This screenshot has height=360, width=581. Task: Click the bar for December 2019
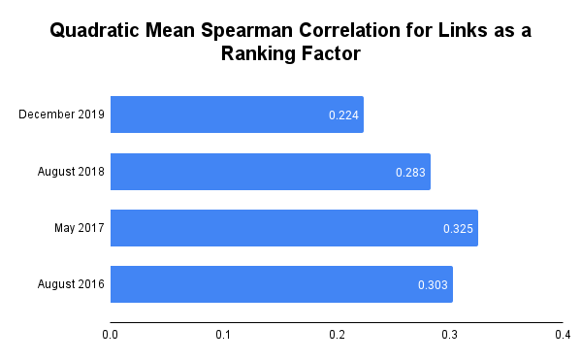click(x=237, y=115)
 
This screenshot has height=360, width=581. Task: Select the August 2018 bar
click(x=270, y=172)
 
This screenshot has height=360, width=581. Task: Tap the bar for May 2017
click(x=294, y=228)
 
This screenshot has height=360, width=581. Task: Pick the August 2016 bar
click(x=281, y=284)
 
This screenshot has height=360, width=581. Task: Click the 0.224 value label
click(x=343, y=115)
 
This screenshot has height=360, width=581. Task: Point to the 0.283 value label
click(x=410, y=173)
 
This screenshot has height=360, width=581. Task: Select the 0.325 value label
click(x=458, y=229)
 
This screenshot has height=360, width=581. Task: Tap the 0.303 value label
click(x=433, y=285)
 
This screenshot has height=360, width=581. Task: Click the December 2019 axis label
click(x=61, y=115)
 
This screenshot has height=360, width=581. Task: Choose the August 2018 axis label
click(x=69, y=172)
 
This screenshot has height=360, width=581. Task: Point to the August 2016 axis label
click(x=69, y=284)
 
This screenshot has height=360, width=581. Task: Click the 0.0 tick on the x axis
click(x=111, y=336)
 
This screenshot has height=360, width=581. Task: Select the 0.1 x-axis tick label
click(x=223, y=336)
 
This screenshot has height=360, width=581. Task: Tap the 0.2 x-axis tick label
click(x=337, y=336)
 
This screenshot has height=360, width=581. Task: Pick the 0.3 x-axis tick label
click(x=449, y=336)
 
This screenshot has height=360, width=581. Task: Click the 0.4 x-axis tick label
click(x=563, y=336)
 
